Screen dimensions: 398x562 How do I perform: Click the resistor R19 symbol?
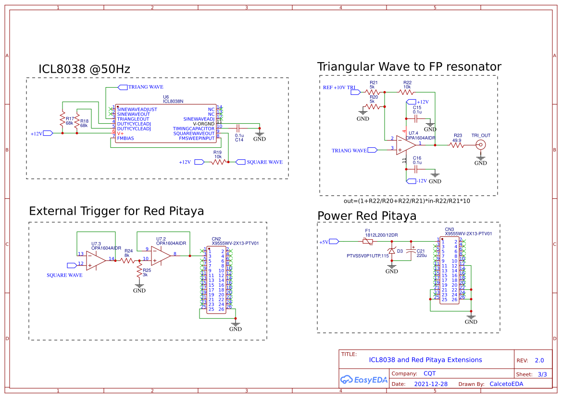(218, 163)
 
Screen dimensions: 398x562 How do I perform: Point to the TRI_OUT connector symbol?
(480, 145)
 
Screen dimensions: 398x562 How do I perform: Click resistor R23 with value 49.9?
(457, 145)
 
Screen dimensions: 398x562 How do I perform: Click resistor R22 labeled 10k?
(407, 91)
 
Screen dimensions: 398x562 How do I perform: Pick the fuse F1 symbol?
(368, 241)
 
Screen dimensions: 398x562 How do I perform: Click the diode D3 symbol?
(392, 251)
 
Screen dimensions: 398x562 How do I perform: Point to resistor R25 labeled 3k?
(140, 272)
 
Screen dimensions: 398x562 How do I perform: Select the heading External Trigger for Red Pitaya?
(116, 211)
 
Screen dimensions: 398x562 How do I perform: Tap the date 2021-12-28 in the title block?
(431, 384)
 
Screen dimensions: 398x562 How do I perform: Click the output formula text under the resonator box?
(407, 201)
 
